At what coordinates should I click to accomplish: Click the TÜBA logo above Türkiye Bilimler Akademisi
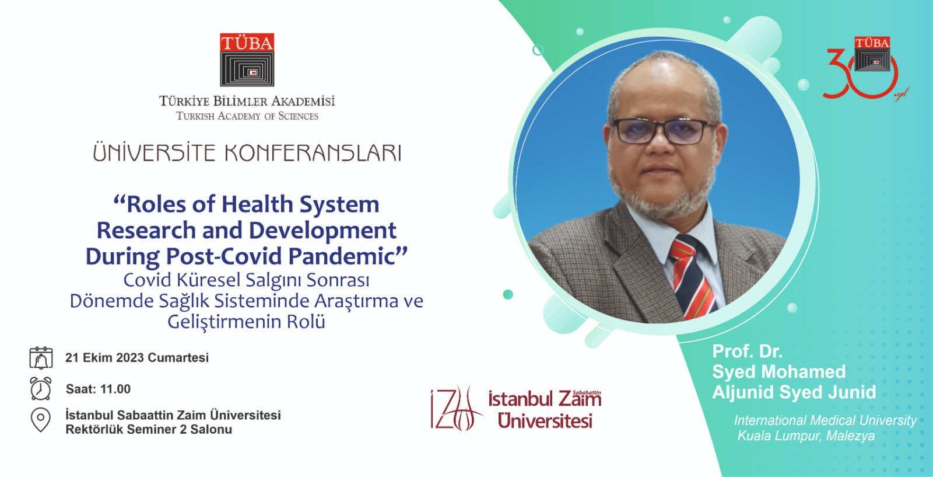pyautogui.click(x=247, y=60)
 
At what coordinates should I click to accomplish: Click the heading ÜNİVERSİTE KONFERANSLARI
pyautogui.click(x=247, y=153)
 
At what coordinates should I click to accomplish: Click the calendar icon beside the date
pyautogui.click(x=41, y=357)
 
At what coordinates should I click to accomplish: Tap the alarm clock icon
pyautogui.click(x=40, y=388)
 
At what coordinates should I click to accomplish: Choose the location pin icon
pyautogui.click(x=40, y=420)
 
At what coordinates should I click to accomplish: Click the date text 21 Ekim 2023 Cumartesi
pyautogui.click(x=137, y=357)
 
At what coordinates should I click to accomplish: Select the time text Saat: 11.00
pyautogui.click(x=98, y=389)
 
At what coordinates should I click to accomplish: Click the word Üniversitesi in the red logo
pyautogui.click(x=545, y=420)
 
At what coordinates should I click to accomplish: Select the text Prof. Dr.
pyautogui.click(x=747, y=351)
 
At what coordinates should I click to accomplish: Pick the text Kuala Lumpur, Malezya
pyautogui.click(x=806, y=436)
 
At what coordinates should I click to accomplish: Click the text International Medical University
pyautogui.click(x=825, y=420)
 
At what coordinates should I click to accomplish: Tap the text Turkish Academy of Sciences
pyautogui.click(x=247, y=116)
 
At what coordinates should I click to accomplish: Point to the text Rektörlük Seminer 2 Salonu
pyautogui.click(x=149, y=430)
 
